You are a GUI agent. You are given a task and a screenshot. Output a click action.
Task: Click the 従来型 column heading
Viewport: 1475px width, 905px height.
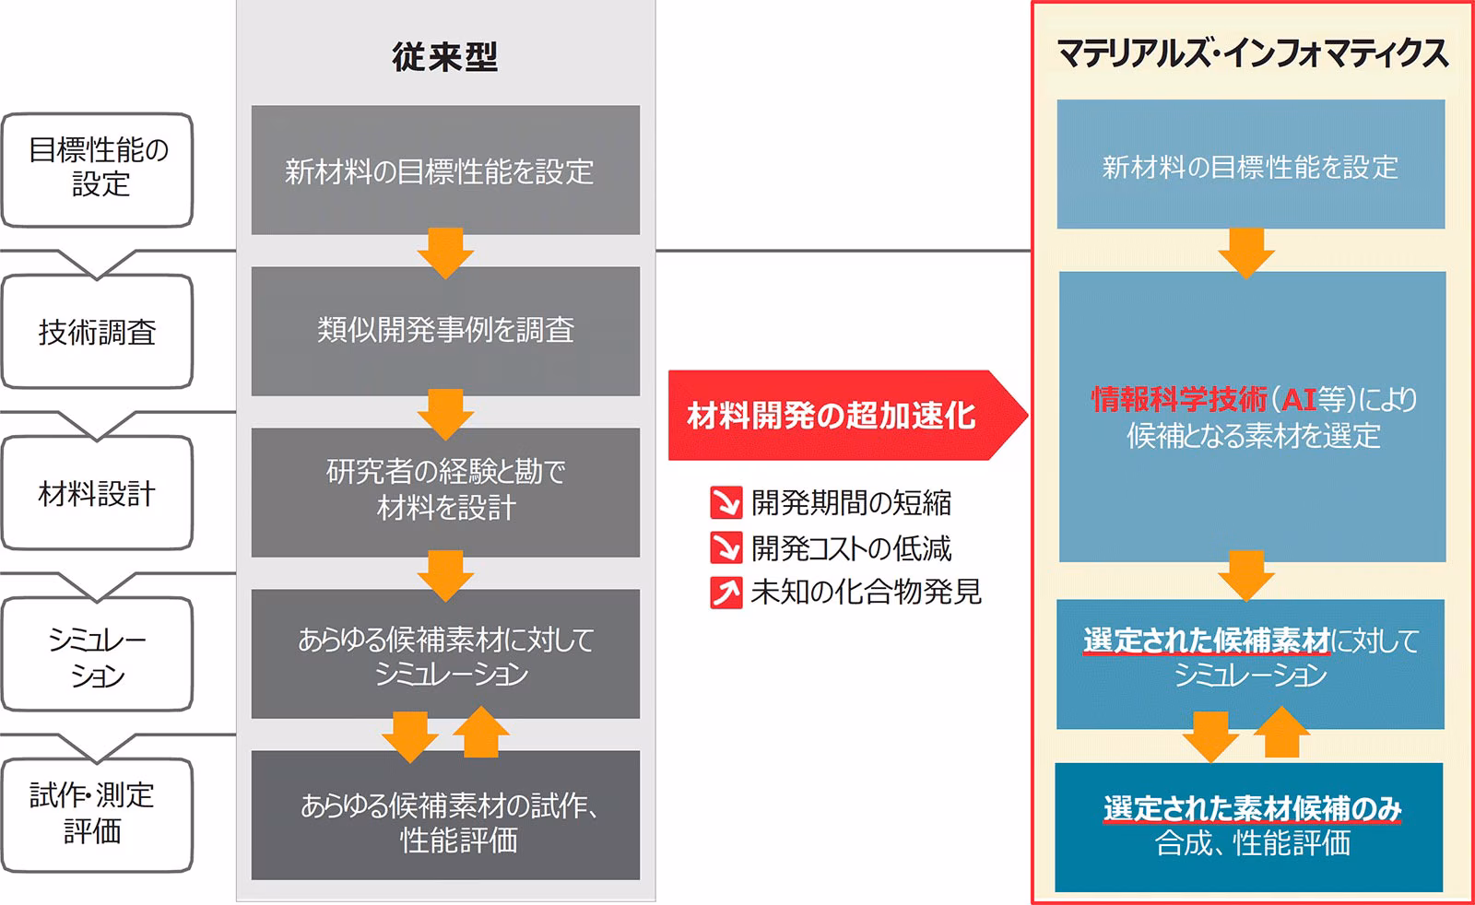tap(444, 57)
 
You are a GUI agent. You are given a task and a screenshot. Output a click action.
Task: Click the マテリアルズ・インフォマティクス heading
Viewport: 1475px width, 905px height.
tap(1251, 53)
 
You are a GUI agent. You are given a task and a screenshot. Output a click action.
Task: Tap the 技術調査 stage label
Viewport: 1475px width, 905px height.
tap(97, 332)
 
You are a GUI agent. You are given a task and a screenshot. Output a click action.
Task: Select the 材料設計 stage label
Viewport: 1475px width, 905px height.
tap(97, 493)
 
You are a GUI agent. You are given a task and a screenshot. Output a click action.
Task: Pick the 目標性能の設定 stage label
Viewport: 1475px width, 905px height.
tap(97, 168)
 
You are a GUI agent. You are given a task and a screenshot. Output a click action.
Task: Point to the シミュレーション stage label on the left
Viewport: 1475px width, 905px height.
tap(97, 655)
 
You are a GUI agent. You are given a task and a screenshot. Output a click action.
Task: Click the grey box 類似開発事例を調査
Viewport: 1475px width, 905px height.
tap(445, 330)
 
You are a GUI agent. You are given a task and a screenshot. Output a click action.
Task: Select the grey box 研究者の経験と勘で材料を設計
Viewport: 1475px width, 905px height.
tap(445, 490)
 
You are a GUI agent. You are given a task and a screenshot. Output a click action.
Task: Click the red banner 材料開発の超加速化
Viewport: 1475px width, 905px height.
tap(834, 416)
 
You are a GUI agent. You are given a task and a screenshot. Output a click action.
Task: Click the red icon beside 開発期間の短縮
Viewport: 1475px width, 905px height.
tap(726, 503)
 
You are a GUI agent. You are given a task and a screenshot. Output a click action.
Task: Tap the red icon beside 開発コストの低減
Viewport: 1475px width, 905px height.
tap(726, 548)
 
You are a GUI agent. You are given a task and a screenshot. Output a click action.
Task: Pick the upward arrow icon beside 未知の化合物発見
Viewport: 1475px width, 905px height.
tap(726, 593)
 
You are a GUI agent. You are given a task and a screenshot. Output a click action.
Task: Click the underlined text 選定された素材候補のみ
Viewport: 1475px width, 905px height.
tap(1252, 808)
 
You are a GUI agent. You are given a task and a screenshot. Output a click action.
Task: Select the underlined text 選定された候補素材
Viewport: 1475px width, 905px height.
tap(1207, 640)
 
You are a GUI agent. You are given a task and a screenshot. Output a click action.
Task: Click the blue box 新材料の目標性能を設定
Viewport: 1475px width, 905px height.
tap(1250, 166)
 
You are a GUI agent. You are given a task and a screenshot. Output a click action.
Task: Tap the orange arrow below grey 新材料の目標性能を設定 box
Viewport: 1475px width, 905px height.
tap(445, 252)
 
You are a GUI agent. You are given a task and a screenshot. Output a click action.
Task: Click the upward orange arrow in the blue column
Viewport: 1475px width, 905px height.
tap(1281, 733)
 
